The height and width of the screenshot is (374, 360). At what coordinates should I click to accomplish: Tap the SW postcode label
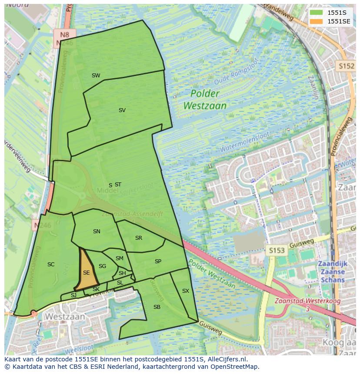point(96,76)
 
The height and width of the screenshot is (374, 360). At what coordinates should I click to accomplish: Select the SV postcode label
point(122,110)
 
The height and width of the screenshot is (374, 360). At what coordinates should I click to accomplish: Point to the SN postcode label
point(97,232)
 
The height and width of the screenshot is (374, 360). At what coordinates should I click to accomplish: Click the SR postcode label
point(139,238)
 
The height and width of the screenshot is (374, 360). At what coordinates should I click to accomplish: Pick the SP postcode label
point(158,261)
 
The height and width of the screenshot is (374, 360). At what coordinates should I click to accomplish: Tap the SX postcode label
point(186,291)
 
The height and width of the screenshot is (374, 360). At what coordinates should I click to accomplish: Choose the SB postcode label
point(157,307)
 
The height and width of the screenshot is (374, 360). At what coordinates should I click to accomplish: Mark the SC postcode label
point(51,265)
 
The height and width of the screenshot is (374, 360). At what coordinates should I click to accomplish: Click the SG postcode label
point(102,266)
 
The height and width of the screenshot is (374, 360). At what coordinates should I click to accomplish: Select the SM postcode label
point(120,258)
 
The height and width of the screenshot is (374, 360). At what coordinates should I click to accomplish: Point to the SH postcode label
point(122,273)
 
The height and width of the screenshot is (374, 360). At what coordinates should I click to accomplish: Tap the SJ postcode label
point(73,295)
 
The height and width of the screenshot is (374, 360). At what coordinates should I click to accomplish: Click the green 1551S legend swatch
point(316,13)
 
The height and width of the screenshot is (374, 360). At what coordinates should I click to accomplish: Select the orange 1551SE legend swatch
point(316,21)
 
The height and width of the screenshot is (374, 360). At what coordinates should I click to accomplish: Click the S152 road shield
point(346,66)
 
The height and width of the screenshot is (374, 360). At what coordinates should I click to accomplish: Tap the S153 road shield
point(276,250)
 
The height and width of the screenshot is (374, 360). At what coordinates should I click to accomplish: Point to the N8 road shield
point(65,34)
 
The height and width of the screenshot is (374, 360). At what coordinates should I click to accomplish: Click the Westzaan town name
point(65,317)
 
